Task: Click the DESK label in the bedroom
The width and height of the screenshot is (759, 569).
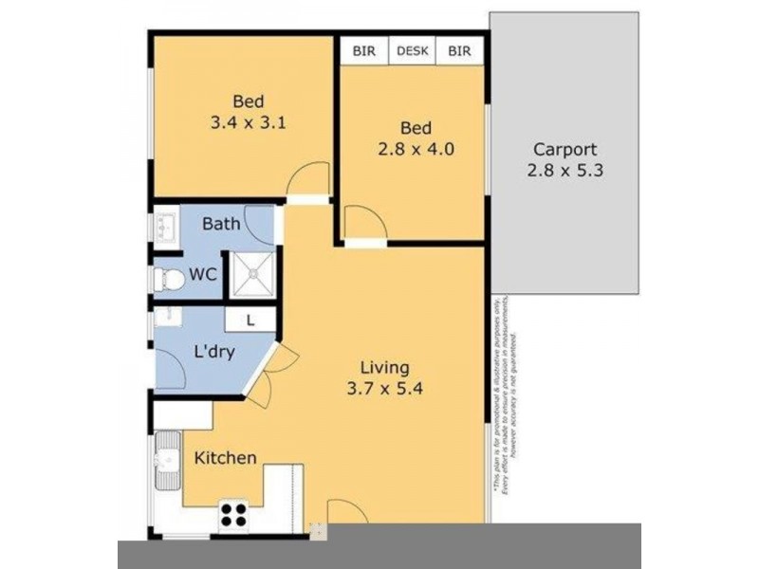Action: point(412,51)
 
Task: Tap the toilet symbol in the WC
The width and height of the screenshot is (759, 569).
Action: point(169,279)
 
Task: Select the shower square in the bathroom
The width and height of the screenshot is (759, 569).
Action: point(253,275)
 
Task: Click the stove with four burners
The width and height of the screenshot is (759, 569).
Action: point(233,515)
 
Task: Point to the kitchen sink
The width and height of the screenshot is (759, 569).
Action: point(167,462)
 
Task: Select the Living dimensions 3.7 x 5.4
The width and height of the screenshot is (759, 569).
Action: point(384,388)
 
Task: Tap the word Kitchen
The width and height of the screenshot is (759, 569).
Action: point(226,458)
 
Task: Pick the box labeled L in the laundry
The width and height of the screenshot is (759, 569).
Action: point(250,321)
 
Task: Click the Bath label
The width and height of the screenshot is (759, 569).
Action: point(221,225)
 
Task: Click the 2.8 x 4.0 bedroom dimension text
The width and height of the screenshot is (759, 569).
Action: point(416,149)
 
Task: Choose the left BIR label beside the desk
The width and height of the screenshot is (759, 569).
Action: point(363,51)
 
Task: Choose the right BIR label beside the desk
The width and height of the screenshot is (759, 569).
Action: point(459,51)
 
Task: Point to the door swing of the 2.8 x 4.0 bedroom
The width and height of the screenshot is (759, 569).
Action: point(363,222)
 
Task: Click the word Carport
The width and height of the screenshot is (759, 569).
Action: point(565,149)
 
